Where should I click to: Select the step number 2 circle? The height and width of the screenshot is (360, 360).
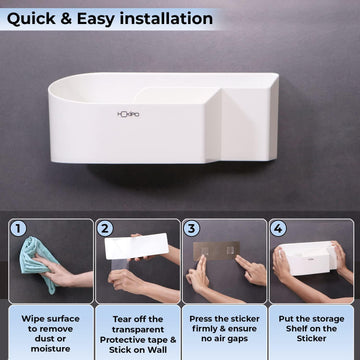tap(106, 229)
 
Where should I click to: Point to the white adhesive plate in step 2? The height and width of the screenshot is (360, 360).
tap(139, 255)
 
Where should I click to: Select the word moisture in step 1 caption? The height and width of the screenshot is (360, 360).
tap(45, 349)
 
